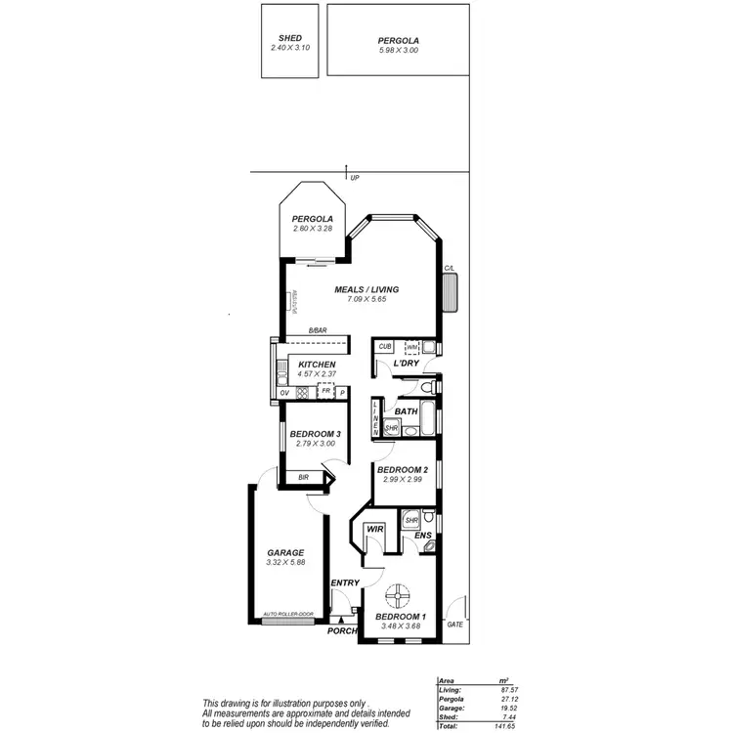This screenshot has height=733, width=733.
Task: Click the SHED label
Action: (x=290, y=38)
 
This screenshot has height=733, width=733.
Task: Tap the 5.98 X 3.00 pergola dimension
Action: (x=398, y=50)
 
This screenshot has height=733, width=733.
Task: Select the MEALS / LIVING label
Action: (x=368, y=289)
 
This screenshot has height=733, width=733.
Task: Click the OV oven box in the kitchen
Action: (x=284, y=393)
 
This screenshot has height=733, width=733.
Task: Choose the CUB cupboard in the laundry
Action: (x=385, y=347)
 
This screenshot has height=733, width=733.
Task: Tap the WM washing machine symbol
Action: (x=412, y=347)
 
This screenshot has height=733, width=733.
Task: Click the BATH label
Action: (x=407, y=411)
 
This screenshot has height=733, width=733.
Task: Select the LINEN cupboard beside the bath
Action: (x=375, y=418)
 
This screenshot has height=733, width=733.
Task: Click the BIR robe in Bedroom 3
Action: (x=303, y=477)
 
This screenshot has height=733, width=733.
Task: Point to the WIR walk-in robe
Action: (x=373, y=529)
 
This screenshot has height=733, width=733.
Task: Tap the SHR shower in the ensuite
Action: (x=411, y=520)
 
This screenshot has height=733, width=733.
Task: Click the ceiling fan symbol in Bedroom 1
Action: (x=400, y=593)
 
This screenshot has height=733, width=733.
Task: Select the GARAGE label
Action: (x=285, y=552)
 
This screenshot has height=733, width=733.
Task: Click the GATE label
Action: (x=454, y=624)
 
